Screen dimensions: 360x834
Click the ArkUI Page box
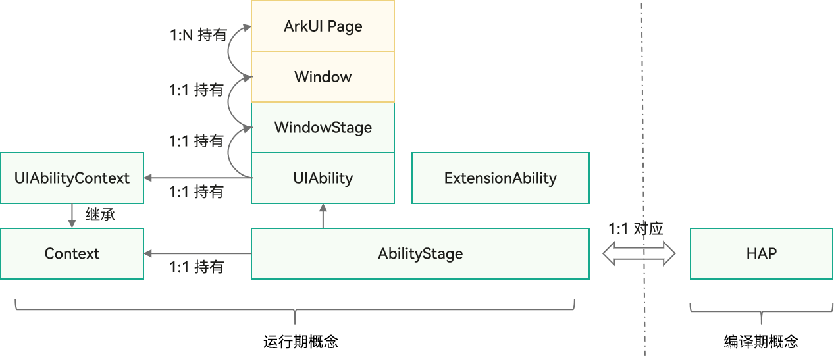323,26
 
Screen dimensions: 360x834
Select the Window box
323,77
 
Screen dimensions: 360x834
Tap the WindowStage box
323,127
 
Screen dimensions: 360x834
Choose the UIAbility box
323,178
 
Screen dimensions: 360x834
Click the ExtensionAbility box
500,178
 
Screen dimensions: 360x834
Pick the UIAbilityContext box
72,178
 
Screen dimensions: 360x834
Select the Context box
72,253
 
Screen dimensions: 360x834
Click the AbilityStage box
420,253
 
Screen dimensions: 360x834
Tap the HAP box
762,253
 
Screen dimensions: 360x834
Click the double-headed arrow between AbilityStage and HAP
639,253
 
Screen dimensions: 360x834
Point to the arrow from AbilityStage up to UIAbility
323,216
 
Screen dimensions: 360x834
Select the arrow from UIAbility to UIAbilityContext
197,178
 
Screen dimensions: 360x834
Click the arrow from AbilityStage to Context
197,253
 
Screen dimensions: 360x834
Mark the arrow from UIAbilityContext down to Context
72,216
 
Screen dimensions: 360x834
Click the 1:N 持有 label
197,35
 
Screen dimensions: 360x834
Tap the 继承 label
100,215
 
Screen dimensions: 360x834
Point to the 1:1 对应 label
635,229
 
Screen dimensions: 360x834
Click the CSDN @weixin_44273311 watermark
746,347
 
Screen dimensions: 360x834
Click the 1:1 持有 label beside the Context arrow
196,267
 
